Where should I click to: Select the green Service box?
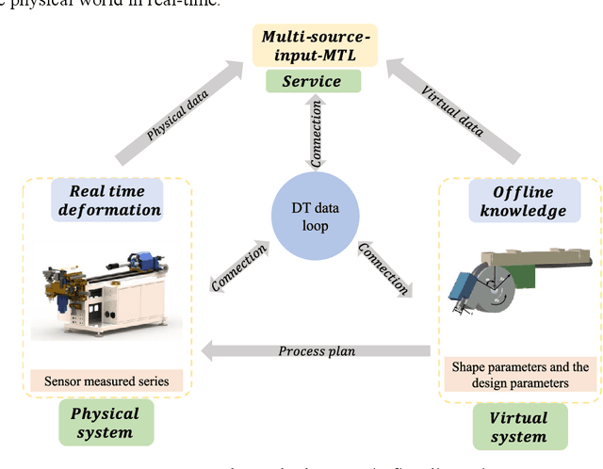[312, 81]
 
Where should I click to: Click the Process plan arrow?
[316, 351]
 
